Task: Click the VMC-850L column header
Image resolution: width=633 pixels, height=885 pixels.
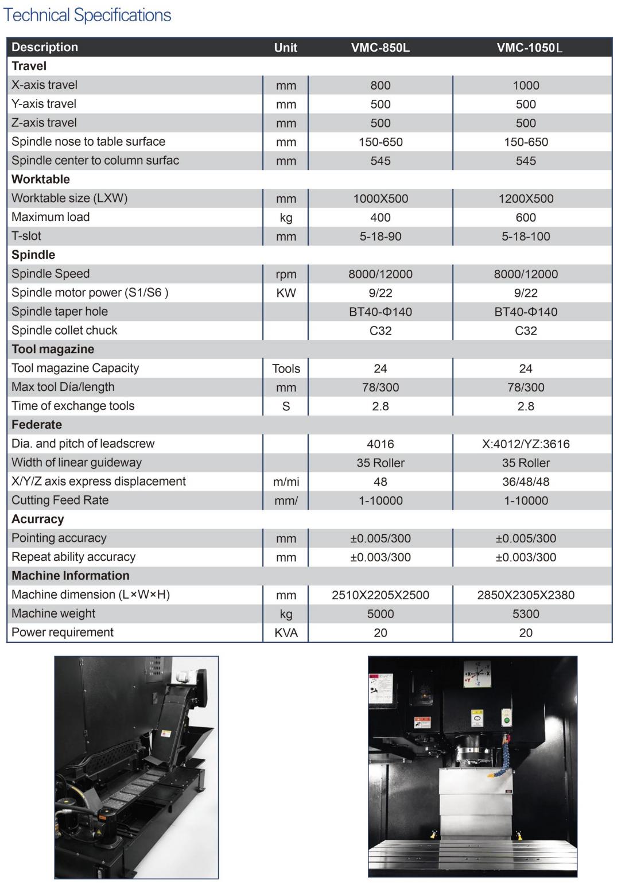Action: point(380,48)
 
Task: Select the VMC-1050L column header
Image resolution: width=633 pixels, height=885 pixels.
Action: point(529,48)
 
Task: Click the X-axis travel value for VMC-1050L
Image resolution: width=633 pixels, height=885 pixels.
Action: point(526,86)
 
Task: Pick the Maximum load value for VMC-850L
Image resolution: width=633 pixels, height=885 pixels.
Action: point(380,218)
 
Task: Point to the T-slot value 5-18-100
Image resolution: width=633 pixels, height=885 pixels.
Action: point(526,236)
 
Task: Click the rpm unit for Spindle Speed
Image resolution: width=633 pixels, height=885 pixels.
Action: point(286,274)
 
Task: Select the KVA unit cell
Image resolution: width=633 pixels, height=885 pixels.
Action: point(286,633)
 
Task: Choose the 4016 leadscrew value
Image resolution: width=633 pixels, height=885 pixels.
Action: point(380,444)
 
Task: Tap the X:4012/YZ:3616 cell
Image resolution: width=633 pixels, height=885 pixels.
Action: point(526,444)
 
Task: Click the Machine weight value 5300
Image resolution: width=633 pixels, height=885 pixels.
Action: point(526,614)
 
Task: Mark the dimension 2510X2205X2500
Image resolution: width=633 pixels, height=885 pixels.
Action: point(380,595)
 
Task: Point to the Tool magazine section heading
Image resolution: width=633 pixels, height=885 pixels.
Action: point(53,350)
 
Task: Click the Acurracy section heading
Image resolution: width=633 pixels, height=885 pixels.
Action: point(38,519)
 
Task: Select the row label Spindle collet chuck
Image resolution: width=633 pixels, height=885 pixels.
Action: point(64,331)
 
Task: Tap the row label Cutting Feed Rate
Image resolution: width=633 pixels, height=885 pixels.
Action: point(60,500)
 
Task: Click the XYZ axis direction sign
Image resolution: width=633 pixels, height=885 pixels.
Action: point(477,674)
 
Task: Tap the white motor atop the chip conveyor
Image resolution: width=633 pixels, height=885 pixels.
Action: point(187,676)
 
